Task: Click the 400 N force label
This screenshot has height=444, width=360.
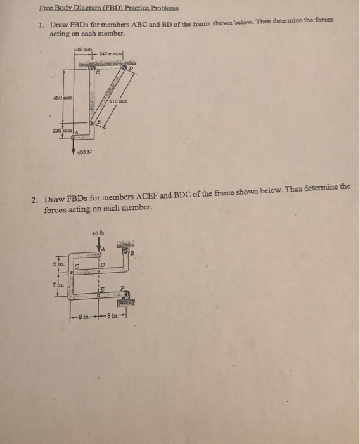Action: point(84,152)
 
